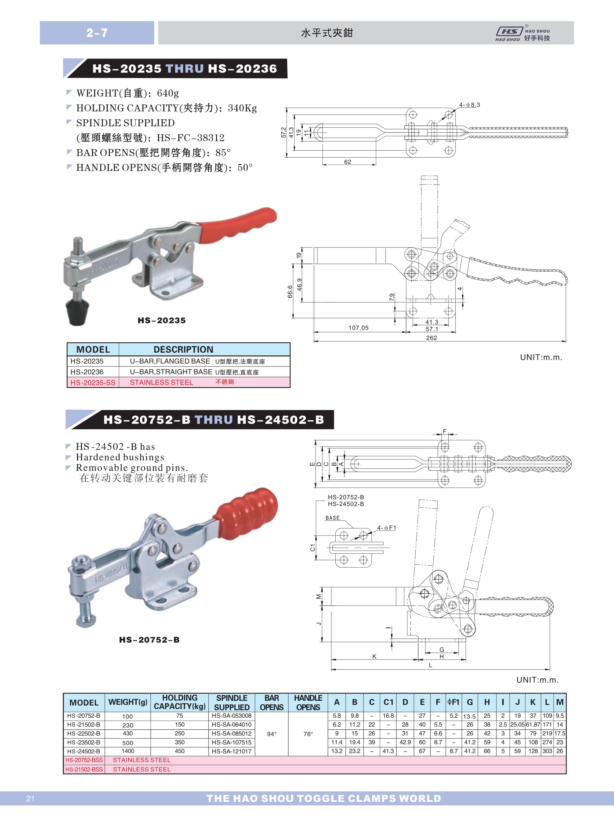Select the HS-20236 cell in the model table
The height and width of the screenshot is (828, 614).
pos(87,372)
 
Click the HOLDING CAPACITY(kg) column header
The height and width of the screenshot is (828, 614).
pos(180,702)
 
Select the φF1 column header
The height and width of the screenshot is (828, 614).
pos(454,702)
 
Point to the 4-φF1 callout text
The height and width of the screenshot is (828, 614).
pos(387,528)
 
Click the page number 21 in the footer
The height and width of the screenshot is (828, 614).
pos(31,799)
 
